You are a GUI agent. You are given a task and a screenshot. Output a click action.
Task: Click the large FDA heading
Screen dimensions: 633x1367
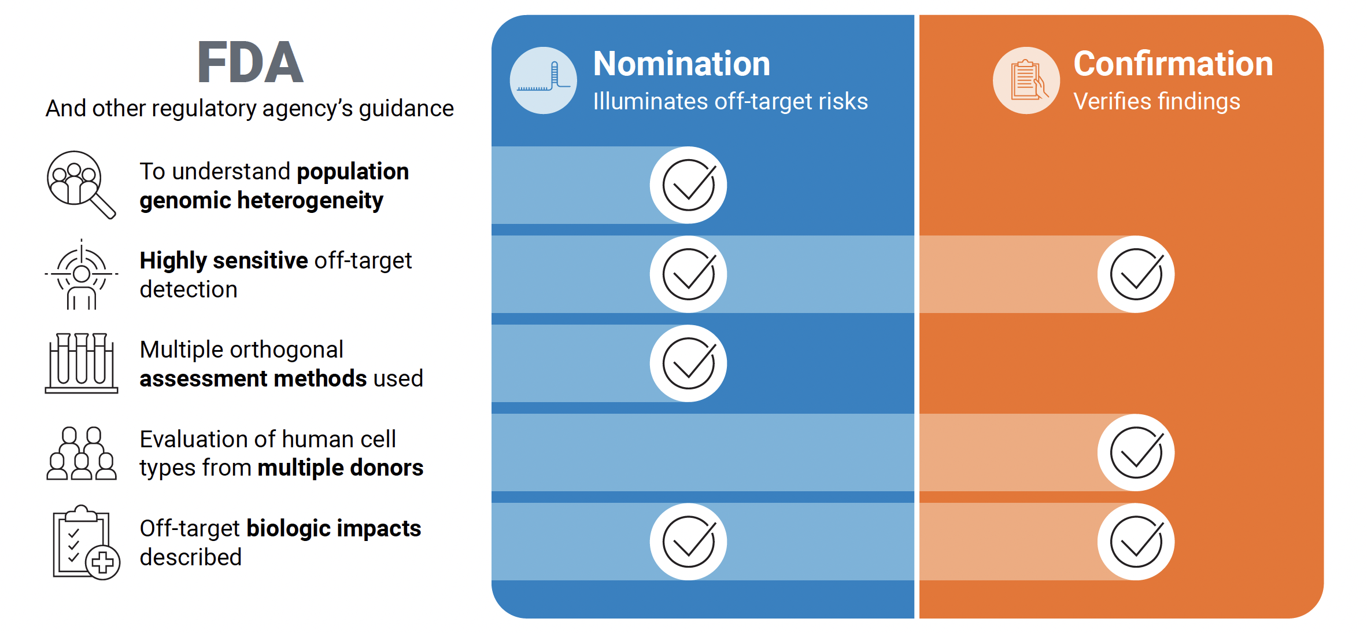click(250, 62)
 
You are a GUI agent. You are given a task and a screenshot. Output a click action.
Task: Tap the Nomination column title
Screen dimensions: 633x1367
click(681, 64)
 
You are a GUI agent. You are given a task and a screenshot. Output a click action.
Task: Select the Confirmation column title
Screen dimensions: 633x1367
click(1173, 64)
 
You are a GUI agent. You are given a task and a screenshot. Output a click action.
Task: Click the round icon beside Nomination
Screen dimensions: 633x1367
click(543, 80)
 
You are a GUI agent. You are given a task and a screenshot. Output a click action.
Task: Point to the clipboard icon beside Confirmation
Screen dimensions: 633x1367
click(1026, 80)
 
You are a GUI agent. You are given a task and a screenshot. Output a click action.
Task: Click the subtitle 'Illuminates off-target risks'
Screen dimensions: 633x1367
click(730, 102)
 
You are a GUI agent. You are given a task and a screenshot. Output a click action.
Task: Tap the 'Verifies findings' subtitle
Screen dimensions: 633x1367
click(1157, 102)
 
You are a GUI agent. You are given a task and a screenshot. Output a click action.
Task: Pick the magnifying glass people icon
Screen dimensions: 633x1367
click(80, 185)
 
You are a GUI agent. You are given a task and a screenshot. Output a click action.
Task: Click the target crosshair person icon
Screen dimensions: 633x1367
click(82, 274)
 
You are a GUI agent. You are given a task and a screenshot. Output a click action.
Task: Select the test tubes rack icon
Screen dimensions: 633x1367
click(82, 363)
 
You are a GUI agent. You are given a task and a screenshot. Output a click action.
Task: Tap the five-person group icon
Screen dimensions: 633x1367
click(82, 454)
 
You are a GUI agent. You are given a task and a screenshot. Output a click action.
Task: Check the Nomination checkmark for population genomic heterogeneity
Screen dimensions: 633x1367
click(688, 185)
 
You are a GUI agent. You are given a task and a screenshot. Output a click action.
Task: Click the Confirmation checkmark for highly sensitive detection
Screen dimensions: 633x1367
click(1136, 274)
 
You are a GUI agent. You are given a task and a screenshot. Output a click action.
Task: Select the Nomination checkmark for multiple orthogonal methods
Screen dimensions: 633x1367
click(688, 363)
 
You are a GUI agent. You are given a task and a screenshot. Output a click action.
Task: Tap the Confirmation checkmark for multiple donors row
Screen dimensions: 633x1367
click(1136, 452)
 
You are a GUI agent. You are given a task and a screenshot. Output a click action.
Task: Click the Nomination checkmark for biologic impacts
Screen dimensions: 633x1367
click(688, 542)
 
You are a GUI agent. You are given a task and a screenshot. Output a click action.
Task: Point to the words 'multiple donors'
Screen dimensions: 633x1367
click(340, 468)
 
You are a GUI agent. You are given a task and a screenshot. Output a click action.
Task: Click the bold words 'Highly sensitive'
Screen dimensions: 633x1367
click(223, 260)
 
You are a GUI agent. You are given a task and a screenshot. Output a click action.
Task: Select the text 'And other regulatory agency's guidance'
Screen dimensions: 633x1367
click(250, 109)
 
